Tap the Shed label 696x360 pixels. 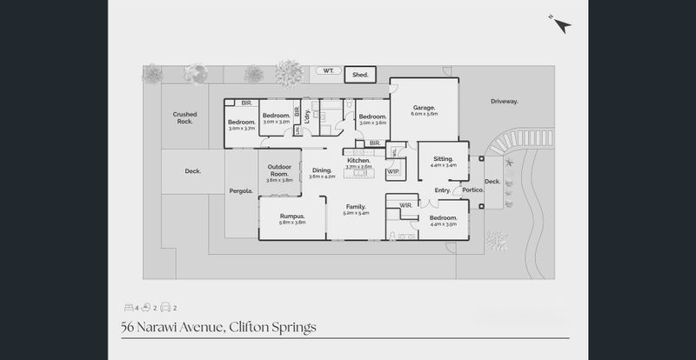[360, 76]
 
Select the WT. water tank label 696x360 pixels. [328, 70]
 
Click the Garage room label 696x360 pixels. [425, 108]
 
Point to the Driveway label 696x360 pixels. [504, 102]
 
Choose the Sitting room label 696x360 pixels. [443, 159]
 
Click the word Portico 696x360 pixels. [472, 190]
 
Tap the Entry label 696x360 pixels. [443, 190]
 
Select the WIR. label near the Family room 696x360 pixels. [405, 205]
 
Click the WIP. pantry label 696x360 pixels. [392, 171]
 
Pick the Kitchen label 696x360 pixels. [359, 160]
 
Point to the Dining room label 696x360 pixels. [322, 170]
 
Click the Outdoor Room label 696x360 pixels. [278, 170]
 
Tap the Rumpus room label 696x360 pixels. [291, 216]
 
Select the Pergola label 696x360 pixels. [241, 190]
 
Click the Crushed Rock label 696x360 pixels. [184, 117]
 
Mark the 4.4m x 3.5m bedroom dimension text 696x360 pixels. [443, 223]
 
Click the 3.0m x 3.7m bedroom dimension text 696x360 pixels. [241, 129]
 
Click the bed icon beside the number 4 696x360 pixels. [128, 307]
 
